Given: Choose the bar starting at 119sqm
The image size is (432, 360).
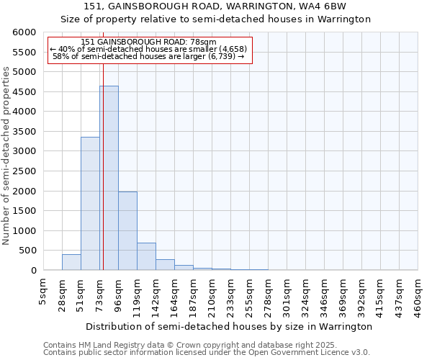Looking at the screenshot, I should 146,256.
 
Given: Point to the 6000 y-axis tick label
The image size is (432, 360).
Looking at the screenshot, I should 24,32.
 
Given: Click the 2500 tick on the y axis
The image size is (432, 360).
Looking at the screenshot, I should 24,171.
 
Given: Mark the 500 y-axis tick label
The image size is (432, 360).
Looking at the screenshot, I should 27,251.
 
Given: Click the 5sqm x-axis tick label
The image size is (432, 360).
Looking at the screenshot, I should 43,292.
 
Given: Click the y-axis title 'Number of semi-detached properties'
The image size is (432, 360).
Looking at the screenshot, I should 6,156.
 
